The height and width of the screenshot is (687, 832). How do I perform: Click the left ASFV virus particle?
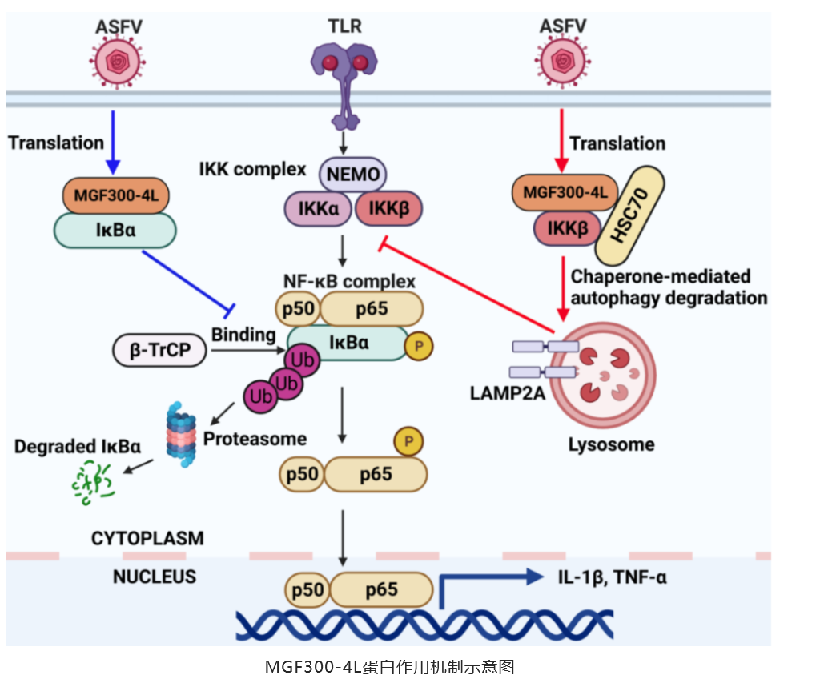pos(118,60)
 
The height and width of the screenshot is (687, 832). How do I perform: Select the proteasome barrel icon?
pos(181,430)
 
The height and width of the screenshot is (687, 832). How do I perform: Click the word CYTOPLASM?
pos(147,537)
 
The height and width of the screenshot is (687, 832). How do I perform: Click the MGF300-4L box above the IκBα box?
pos(112,195)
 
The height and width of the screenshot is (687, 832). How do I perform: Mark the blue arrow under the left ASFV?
pos(114,141)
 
